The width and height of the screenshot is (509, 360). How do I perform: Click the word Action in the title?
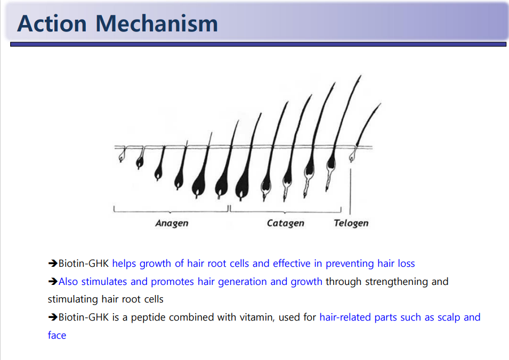(x=52, y=23)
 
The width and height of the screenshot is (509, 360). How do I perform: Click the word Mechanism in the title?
(x=157, y=23)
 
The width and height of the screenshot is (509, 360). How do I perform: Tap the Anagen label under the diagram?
(x=172, y=224)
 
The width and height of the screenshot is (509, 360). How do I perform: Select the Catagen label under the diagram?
(x=285, y=224)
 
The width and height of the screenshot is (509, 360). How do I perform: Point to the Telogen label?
(x=351, y=224)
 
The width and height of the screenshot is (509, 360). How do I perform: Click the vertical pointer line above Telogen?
(x=350, y=191)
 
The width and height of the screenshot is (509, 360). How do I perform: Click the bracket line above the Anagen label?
(x=171, y=212)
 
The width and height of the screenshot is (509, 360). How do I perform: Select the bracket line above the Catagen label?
(x=285, y=212)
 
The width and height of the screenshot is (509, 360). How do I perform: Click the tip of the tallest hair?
(x=361, y=76)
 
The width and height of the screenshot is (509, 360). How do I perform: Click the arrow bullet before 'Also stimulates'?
(x=53, y=282)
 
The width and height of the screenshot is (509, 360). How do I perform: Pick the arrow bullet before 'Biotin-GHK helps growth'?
(x=53, y=264)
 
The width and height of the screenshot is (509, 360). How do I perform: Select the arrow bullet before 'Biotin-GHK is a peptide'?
(x=53, y=317)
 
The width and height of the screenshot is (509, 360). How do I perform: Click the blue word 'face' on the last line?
(x=57, y=335)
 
